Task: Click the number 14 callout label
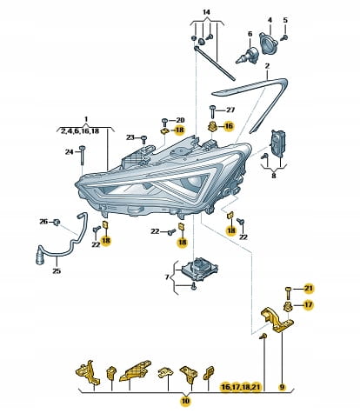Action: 206,12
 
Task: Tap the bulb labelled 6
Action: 247,55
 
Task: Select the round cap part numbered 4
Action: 270,43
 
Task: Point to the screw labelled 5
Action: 285,37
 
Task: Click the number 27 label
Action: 230,110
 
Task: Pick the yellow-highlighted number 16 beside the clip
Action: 229,126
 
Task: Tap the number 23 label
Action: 130,137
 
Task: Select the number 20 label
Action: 180,120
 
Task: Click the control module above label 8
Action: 277,143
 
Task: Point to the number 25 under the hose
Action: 57,270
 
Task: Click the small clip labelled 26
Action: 57,223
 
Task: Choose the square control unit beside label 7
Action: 199,269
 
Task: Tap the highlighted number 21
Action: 309,289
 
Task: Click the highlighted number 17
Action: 309,304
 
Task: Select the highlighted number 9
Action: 282,387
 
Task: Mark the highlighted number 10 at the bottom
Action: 185,401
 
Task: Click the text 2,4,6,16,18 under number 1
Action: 80,131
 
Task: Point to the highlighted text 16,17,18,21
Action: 241,387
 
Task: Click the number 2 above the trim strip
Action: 267,66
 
